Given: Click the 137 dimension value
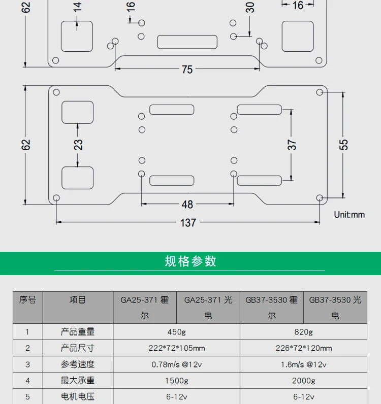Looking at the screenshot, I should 187,222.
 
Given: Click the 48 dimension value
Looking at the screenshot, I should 187,205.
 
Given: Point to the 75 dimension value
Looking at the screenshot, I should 187,70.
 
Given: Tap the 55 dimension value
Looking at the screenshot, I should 344,145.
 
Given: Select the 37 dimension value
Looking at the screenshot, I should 292,145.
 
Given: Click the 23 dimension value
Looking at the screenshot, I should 78,145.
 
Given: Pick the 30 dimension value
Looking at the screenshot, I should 249,7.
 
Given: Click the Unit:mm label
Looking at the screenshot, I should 350,215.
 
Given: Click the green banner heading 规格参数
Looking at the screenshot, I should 190,261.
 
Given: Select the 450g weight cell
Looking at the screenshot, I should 177,332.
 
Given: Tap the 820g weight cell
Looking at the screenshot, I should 303,332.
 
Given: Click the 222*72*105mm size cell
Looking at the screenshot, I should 177,348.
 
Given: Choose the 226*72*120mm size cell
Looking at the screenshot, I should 303,348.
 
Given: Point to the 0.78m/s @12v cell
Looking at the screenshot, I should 177,364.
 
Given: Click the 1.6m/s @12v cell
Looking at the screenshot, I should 303,364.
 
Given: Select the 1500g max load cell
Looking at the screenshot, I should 177,381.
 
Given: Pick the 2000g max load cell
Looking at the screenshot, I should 303,381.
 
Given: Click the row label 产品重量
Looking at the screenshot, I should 78,332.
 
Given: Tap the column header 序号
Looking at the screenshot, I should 27,300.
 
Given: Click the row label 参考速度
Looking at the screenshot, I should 78,364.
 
